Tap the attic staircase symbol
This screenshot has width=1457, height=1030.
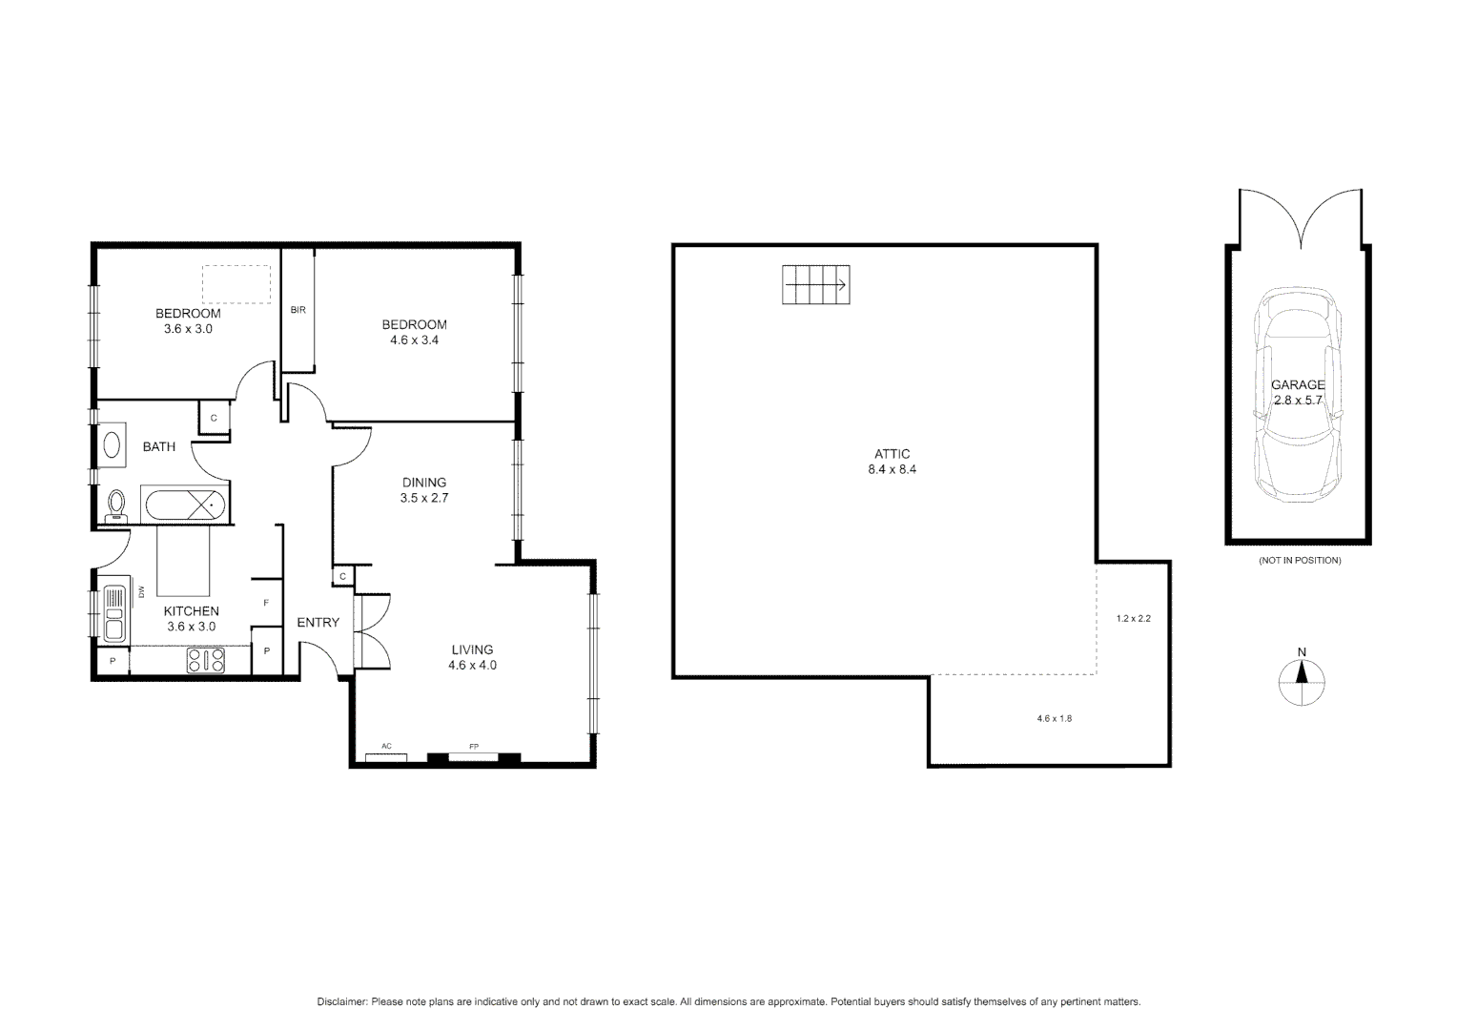[815, 285]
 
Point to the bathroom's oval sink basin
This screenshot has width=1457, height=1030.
[112, 446]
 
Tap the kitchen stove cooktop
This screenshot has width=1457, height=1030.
[205, 660]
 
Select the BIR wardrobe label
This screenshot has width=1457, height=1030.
[298, 310]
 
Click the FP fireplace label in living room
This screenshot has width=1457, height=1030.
[473, 746]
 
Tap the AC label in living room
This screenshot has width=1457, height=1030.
[386, 746]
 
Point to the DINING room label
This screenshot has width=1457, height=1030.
[424, 483]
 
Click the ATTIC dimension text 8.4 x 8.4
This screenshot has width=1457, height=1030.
[892, 469]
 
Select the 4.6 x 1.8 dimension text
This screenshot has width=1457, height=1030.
[1054, 718]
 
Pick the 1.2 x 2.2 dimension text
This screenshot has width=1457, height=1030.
[1134, 618]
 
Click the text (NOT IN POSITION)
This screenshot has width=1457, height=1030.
[1299, 561]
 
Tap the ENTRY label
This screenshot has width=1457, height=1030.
[318, 623]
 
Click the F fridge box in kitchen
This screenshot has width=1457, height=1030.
[266, 602]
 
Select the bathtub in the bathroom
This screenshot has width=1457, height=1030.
[184, 504]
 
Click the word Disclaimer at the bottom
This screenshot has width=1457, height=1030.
[341, 1002]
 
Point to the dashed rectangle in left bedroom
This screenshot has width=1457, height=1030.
[236, 284]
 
